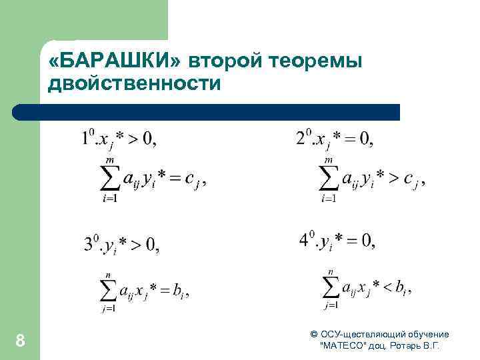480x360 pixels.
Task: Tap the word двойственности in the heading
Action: pyautogui.click(x=134, y=85)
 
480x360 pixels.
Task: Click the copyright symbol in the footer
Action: pyautogui.click(x=314, y=334)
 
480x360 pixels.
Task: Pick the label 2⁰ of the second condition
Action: pyautogui.click(x=303, y=138)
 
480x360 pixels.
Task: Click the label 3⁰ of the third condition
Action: pyautogui.click(x=91, y=245)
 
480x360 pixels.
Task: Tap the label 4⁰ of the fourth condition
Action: pyautogui.click(x=307, y=240)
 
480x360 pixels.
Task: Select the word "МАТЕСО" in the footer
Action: pyautogui.click(x=342, y=346)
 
